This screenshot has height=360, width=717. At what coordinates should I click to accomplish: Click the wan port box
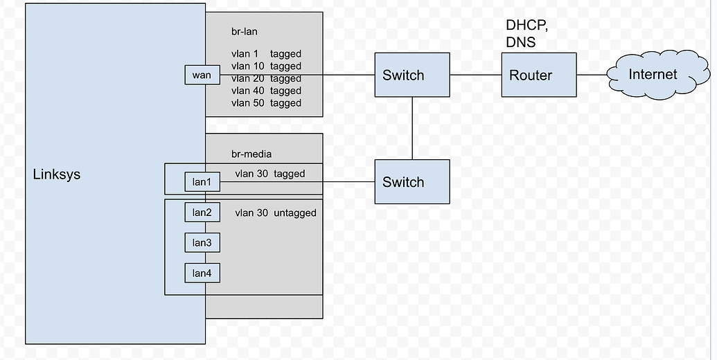click(202, 75)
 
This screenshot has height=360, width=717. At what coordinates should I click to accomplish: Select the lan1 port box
click(202, 182)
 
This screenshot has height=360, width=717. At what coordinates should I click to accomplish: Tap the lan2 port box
click(202, 212)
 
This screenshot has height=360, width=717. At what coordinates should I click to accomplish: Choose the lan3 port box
click(202, 242)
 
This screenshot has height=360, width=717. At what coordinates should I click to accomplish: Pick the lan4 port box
click(202, 273)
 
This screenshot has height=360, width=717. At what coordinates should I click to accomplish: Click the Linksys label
click(57, 174)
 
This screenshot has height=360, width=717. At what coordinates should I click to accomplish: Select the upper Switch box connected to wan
click(412, 75)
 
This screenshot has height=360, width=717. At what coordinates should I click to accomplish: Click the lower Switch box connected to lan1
click(412, 182)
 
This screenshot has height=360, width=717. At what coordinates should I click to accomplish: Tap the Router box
click(539, 75)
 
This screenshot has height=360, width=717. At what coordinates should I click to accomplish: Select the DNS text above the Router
click(520, 42)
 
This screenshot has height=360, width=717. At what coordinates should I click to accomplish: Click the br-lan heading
click(245, 32)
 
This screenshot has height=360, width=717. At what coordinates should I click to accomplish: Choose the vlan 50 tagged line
click(266, 103)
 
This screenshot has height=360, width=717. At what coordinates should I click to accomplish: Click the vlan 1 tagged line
click(266, 54)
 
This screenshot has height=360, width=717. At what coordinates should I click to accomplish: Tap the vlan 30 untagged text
click(275, 213)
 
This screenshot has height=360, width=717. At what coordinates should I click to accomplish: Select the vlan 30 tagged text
click(269, 174)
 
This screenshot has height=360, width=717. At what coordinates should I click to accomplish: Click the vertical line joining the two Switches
click(412, 128)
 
